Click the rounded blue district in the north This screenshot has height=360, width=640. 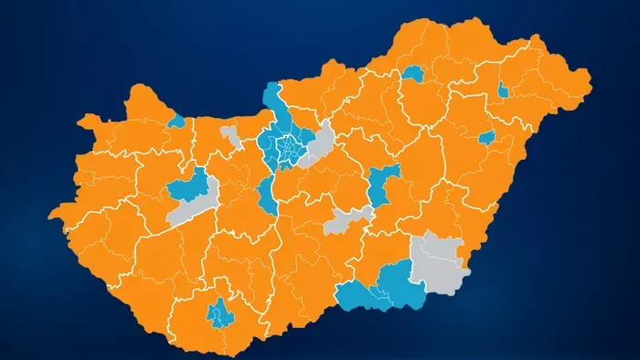pyautogui.click(x=413, y=74)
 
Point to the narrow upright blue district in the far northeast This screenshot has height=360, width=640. pyautogui.click(x=503, y=90)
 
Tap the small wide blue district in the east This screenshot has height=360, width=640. pyautogui.click(x=486, y=138)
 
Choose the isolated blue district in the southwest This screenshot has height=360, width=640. pyautogui.click(x=219, y=313)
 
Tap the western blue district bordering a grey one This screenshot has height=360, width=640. pyautogui.click(x=188, y=185)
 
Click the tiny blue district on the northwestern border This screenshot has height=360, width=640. pyautogui.click(x=176, y=121)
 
